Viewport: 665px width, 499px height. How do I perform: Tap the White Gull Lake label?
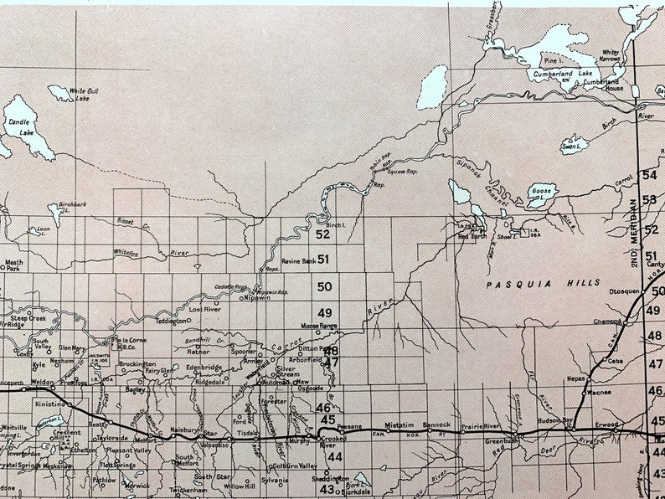pyautogui.click(x=83, y=95)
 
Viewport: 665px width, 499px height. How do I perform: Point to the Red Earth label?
pyautogui.click(x=473, y=237)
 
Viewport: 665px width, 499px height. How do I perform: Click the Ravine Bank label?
pyautogui.click(x=298, y=260)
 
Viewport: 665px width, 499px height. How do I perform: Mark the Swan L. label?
pyautogui.click(x=571, y=147)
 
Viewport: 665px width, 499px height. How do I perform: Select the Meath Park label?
pyautogui.click(x=14, y=266)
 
